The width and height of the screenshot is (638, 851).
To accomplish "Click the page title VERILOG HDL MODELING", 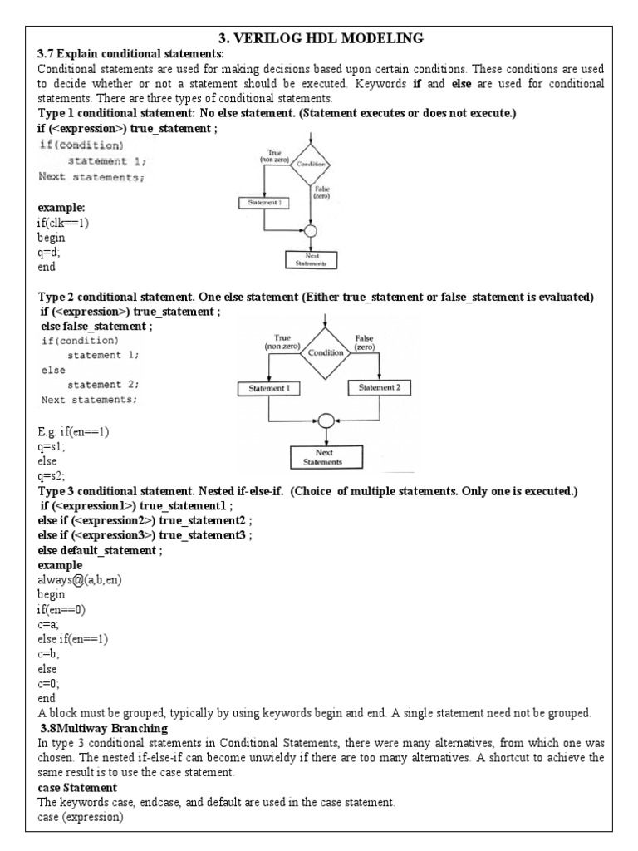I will pos(320,37).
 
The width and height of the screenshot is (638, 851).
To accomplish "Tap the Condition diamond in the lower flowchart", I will pos(326,352).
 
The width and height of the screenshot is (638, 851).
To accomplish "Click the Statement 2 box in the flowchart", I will pos(379,388).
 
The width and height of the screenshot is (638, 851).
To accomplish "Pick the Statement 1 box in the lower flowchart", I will pos(268,388).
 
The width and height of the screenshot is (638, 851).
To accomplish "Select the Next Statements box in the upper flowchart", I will pos(312,258).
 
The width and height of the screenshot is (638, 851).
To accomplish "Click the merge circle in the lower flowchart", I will pos(326,421).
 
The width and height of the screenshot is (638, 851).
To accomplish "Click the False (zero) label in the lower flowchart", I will pos(365,342).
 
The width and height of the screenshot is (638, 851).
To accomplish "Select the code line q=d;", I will pos(49,253).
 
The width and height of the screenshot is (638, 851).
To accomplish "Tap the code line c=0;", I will pos(49,684).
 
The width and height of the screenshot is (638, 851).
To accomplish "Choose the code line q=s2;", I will pos(51,476).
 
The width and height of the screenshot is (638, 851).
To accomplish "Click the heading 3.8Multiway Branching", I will pos(99,729).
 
